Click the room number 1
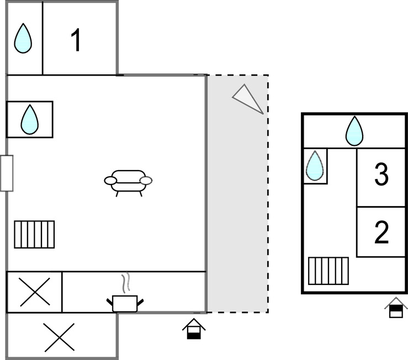(x=76, y=40)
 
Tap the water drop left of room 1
(x=23, y=39)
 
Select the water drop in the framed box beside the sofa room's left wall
(x=29, y=119)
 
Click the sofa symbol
(x=128, y=181)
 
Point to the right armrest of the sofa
(x=146, y=180)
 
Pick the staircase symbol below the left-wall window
(x=34, y=234)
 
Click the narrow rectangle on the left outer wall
(x=7, y=173)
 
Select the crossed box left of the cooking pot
(x=34, y=292)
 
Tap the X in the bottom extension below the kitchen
(x=59, y=337)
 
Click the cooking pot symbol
(x=125, y=303)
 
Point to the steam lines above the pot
(x=126, y=282)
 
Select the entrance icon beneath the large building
(x=194, y=329)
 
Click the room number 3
(x=381, y=176)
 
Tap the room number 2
(x=381, y=232)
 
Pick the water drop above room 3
(x=354, y=131)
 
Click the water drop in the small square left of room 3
(x=315, y=166)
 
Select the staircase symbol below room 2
(x=328, y=271)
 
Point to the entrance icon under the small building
(x=396, y=308)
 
